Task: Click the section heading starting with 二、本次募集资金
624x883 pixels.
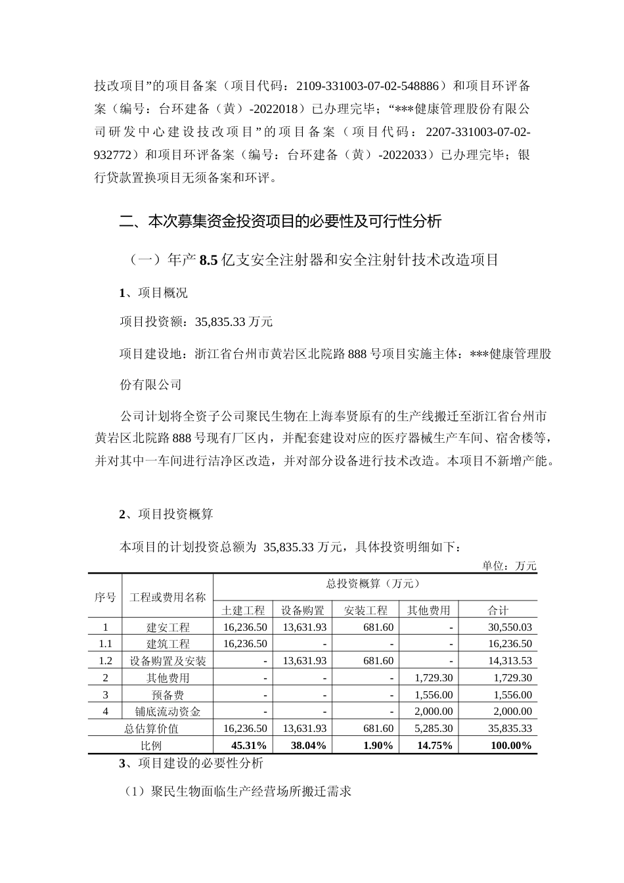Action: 280,221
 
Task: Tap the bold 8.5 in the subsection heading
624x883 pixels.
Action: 208,260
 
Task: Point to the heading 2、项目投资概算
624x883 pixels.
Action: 166,514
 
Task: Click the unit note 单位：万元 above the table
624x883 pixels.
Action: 509,566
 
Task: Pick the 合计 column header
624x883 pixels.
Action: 498,610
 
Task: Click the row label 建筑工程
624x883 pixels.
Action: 167,644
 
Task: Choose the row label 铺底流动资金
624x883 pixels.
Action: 167,711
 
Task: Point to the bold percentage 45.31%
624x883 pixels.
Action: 249,745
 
